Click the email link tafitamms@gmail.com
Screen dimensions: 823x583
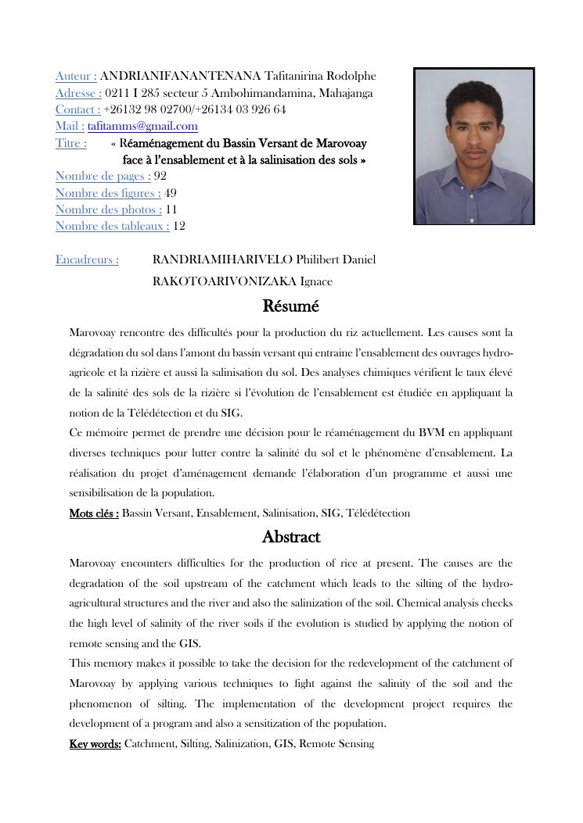(142, 126)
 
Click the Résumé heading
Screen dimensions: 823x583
(291, 306)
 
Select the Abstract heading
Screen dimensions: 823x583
(291, 537)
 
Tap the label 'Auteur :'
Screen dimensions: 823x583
(76, 76)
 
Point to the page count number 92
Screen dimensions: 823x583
(160, 176)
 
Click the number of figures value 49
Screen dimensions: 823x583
(171, 193)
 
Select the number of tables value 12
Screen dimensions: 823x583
(179, 226)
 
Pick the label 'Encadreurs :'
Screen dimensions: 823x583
(87, 259)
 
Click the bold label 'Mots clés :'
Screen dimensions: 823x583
(94, 513)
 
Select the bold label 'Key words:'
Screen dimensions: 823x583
(95, 744)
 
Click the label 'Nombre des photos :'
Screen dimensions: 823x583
(109, 209)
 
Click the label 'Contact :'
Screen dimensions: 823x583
(77, 109)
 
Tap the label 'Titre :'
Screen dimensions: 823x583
(70, 143)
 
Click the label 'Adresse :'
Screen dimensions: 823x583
(78, 93)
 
